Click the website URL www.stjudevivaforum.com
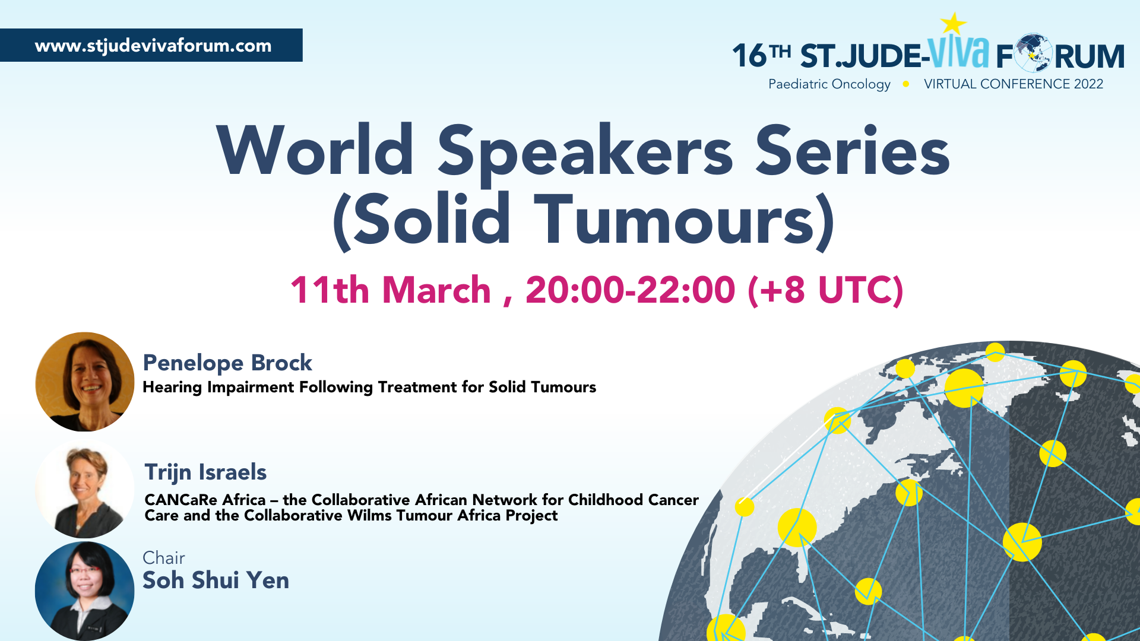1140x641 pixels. [153, 46]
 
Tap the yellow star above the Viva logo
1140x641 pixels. [954, 24]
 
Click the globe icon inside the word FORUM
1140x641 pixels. [1033, 53]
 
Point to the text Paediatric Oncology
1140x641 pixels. [829, 84]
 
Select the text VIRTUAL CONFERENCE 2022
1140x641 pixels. [1014, 84]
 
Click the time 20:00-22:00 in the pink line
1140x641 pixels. [631, 290]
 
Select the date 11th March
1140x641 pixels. [391, 290]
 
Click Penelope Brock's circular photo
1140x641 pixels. [85, 382]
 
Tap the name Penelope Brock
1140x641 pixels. [227, 363]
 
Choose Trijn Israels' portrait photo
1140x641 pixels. [85, 488]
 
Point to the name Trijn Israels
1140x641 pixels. [205, 472]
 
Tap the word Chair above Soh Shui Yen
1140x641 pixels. [164, 558]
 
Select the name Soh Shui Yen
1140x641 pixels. [216, 580]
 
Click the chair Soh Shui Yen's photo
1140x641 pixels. [85, 591]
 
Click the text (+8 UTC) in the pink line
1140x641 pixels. [826, 290]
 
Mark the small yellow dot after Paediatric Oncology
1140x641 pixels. [906, 84]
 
